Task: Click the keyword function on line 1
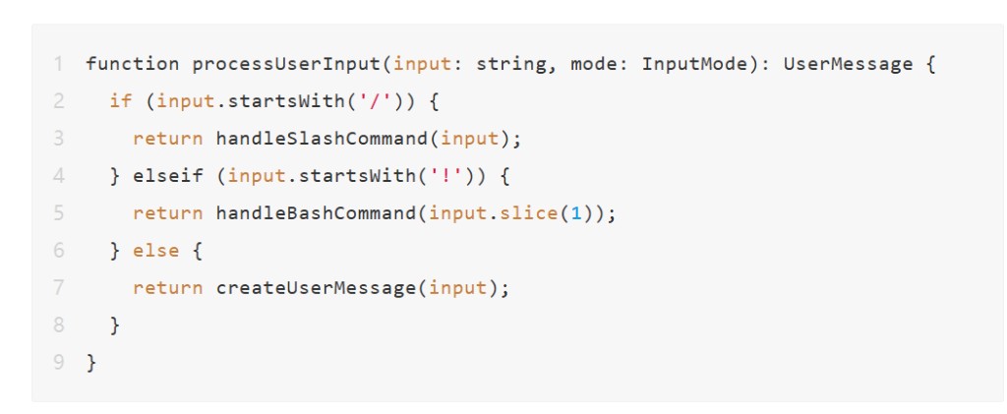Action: click(x=133, y=64)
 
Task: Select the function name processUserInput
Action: click(x=286, y=65)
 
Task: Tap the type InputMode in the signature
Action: click(x=695, y=65)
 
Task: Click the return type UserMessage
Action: click(x=848, y=65)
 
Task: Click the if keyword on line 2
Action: click(x=121, y=101)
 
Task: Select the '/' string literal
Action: click(x=375, y=101)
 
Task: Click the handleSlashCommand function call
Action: click(x=322, y=139)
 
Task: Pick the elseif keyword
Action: click(x=168, y=176)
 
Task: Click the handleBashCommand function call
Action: click(x=316, y=213)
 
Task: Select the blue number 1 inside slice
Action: click(x=575, y=213)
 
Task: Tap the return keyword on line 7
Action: click(x=167, y=287)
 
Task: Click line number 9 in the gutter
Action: click(x=58, y=362)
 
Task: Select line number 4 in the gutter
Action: click(x=58, y=176)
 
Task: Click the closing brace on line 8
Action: click(x=115, y=325)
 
